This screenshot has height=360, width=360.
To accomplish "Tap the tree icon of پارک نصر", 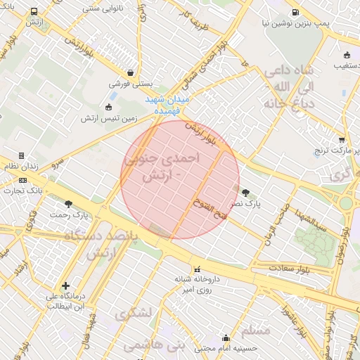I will [245, 192].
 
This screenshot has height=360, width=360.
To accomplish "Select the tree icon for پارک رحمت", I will [68, 205].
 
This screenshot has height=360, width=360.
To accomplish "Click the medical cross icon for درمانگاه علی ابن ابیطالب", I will [65, 285].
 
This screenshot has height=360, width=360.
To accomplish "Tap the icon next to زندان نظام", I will [22, 155].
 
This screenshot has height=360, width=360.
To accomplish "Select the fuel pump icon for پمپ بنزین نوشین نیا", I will [295, 12].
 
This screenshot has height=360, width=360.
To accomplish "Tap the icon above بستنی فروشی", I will [131, 72].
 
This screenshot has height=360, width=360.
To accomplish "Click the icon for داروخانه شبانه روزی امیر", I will [197, 269].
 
